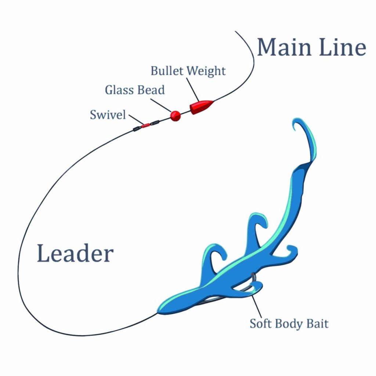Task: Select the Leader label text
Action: pos(75,254)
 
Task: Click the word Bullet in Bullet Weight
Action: pos(166,71)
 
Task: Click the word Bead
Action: pos(152,90)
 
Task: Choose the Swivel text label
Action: pos(108,115)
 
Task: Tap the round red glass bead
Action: pos(176,116)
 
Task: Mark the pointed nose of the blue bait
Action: pos(159,311)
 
